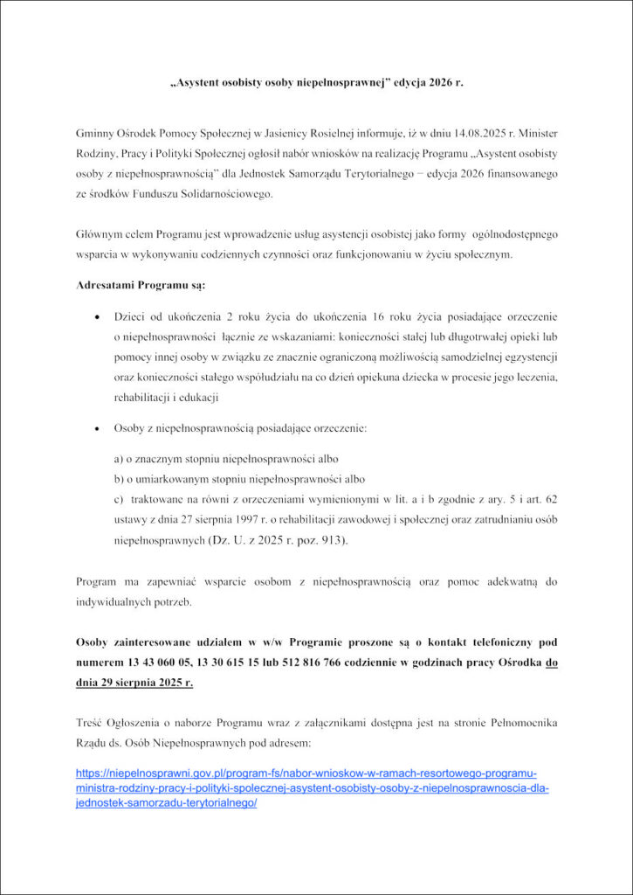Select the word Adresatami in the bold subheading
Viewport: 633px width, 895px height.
pos(107,286)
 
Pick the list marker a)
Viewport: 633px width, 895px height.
pos(119,459)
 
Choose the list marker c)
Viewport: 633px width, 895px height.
pos(119,499)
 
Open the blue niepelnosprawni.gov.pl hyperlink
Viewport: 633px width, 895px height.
pos(306,788)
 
